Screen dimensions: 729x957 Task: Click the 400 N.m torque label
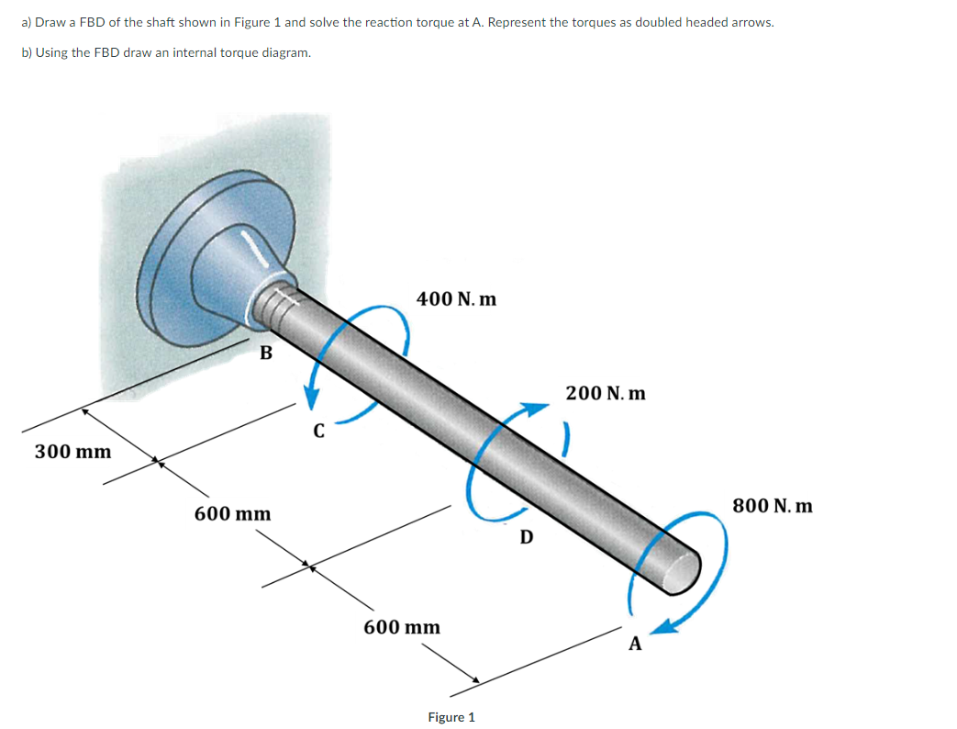pyautogui.click(x=456, y=298)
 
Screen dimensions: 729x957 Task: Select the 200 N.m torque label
pyautogui.click(x=605, y=393)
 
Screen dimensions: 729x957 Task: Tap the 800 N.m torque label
pyautogui.click(x=772, y=506)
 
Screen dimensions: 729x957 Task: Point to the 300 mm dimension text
pyautogui.click(x=72, y=452)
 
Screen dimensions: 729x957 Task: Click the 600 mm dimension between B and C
pyautogui.click(x=232, y=513)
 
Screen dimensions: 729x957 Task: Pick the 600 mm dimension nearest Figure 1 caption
pyautogui.click(x=401, y=627)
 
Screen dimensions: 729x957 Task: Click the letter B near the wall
pyautogui.click(x=265, y=353)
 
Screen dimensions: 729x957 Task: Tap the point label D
pyautogui.click(x=525, y=536)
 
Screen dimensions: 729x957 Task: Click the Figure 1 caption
pyautogui.click(x=451, y=717)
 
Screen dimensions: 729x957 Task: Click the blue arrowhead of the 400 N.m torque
pyautogui.click(x=313, y=396)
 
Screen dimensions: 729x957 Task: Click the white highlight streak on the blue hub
pyautogui.click(x=256, y=249)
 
